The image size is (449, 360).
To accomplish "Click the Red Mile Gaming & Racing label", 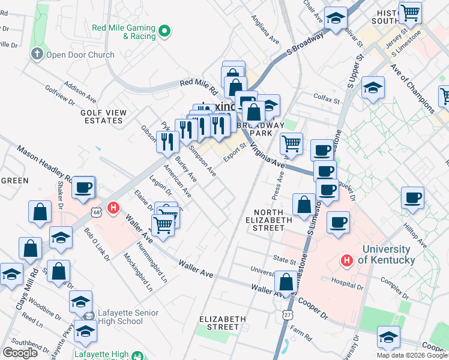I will (123, 32).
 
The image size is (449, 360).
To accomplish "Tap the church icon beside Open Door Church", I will (37, 55).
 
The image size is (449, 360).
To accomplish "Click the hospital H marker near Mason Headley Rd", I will (112, 208).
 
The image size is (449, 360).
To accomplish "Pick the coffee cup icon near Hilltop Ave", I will (412, 197).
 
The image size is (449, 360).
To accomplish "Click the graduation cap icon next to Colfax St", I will (373, 88).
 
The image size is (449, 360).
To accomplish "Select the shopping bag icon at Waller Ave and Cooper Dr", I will (286, 281).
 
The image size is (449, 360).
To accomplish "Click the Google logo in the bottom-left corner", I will (19, 353).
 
